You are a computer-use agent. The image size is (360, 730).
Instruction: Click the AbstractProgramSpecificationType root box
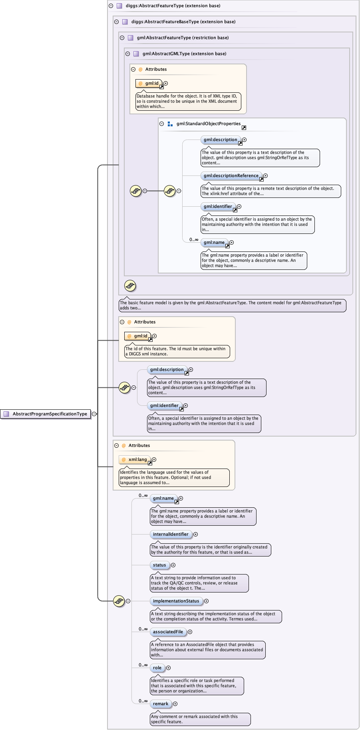pos(46,414)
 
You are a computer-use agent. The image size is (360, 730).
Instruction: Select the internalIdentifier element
pos(171,534)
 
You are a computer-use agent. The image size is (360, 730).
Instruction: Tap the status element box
pos(159,565)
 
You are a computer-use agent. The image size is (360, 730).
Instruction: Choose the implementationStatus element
pos(176,601)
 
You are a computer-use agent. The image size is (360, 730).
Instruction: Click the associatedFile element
pos(168,632)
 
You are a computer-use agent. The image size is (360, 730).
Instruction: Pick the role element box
pos(157,668)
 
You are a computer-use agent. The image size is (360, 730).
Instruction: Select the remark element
pos(161,704)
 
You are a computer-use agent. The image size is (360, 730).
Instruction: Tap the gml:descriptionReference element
pos(231,176)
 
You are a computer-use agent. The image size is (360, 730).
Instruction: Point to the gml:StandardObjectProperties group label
pos(209,124)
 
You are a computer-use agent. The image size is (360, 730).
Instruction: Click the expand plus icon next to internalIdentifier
pos(195,534)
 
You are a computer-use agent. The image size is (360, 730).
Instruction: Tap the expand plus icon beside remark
pos(175,704)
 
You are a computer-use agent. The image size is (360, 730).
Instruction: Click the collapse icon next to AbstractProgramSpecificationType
pos(94,414)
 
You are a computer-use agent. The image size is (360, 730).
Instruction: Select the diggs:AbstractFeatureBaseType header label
pos(183,22)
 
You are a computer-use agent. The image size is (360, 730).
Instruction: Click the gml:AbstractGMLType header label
pos(184,54)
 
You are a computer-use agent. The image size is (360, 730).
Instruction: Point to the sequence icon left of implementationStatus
pos(119,601)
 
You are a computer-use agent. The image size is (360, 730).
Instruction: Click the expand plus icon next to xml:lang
pos(154,459)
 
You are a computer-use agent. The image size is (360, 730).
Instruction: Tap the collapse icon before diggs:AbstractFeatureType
pos(111,6)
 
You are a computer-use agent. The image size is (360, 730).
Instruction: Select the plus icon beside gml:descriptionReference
pos(266,176)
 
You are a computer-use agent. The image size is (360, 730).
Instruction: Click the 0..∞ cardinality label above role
pos(143,665)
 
